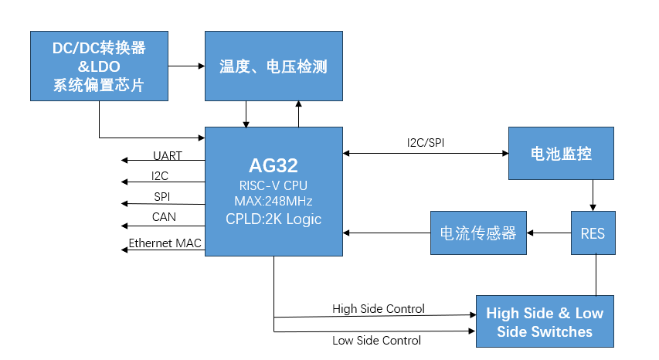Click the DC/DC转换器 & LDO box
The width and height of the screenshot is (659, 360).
tap(99, 66)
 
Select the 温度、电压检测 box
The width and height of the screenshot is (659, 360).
tap(273, 66)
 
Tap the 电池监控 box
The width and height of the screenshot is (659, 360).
tap(561, 153)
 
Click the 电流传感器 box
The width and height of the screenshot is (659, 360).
tap(478, 233)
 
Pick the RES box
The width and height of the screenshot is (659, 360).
tap(593, 233)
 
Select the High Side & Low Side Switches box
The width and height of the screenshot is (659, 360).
tap(545, 321)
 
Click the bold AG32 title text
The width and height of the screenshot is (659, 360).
tap(273, 165)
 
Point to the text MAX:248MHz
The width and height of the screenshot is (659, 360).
tap(273, 201)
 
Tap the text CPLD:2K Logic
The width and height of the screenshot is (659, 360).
tap(273, 219)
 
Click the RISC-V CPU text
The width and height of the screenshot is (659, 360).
tap(273, 185)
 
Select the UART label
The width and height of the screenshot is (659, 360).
tap(168, 156)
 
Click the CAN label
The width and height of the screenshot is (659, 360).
tap(164, 217)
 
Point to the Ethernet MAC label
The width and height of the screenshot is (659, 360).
tap(165, 243)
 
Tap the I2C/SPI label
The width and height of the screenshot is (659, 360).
tap(426, 143)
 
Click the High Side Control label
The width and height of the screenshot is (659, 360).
tap(379, 309)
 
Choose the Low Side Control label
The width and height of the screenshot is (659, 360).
tap(376, 340)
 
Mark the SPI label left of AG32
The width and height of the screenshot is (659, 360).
tap(161, 196)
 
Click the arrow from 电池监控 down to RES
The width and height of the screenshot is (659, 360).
tap(593, 195)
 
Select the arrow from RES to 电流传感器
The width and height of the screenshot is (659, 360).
tap(549, 233)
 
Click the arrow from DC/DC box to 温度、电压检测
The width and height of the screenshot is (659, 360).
tap(187, 66)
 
